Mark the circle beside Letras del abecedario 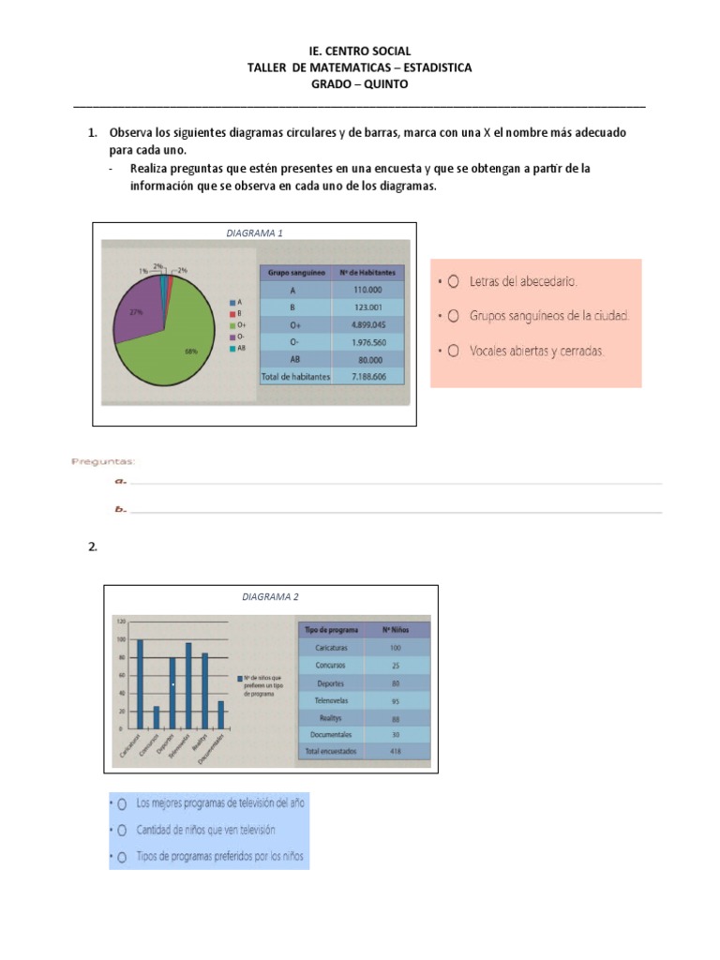[453, 280]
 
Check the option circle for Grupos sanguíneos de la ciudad [453, 316]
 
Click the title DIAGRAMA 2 [270, 596]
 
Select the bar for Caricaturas [140, 683]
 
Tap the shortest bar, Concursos [157, 717]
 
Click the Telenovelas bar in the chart [188, 685]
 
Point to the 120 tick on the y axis [120, 622]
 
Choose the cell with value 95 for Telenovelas [396, 700]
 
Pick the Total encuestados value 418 [396, 752]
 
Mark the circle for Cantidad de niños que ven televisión [121, 831]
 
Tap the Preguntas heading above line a [102, 461]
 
